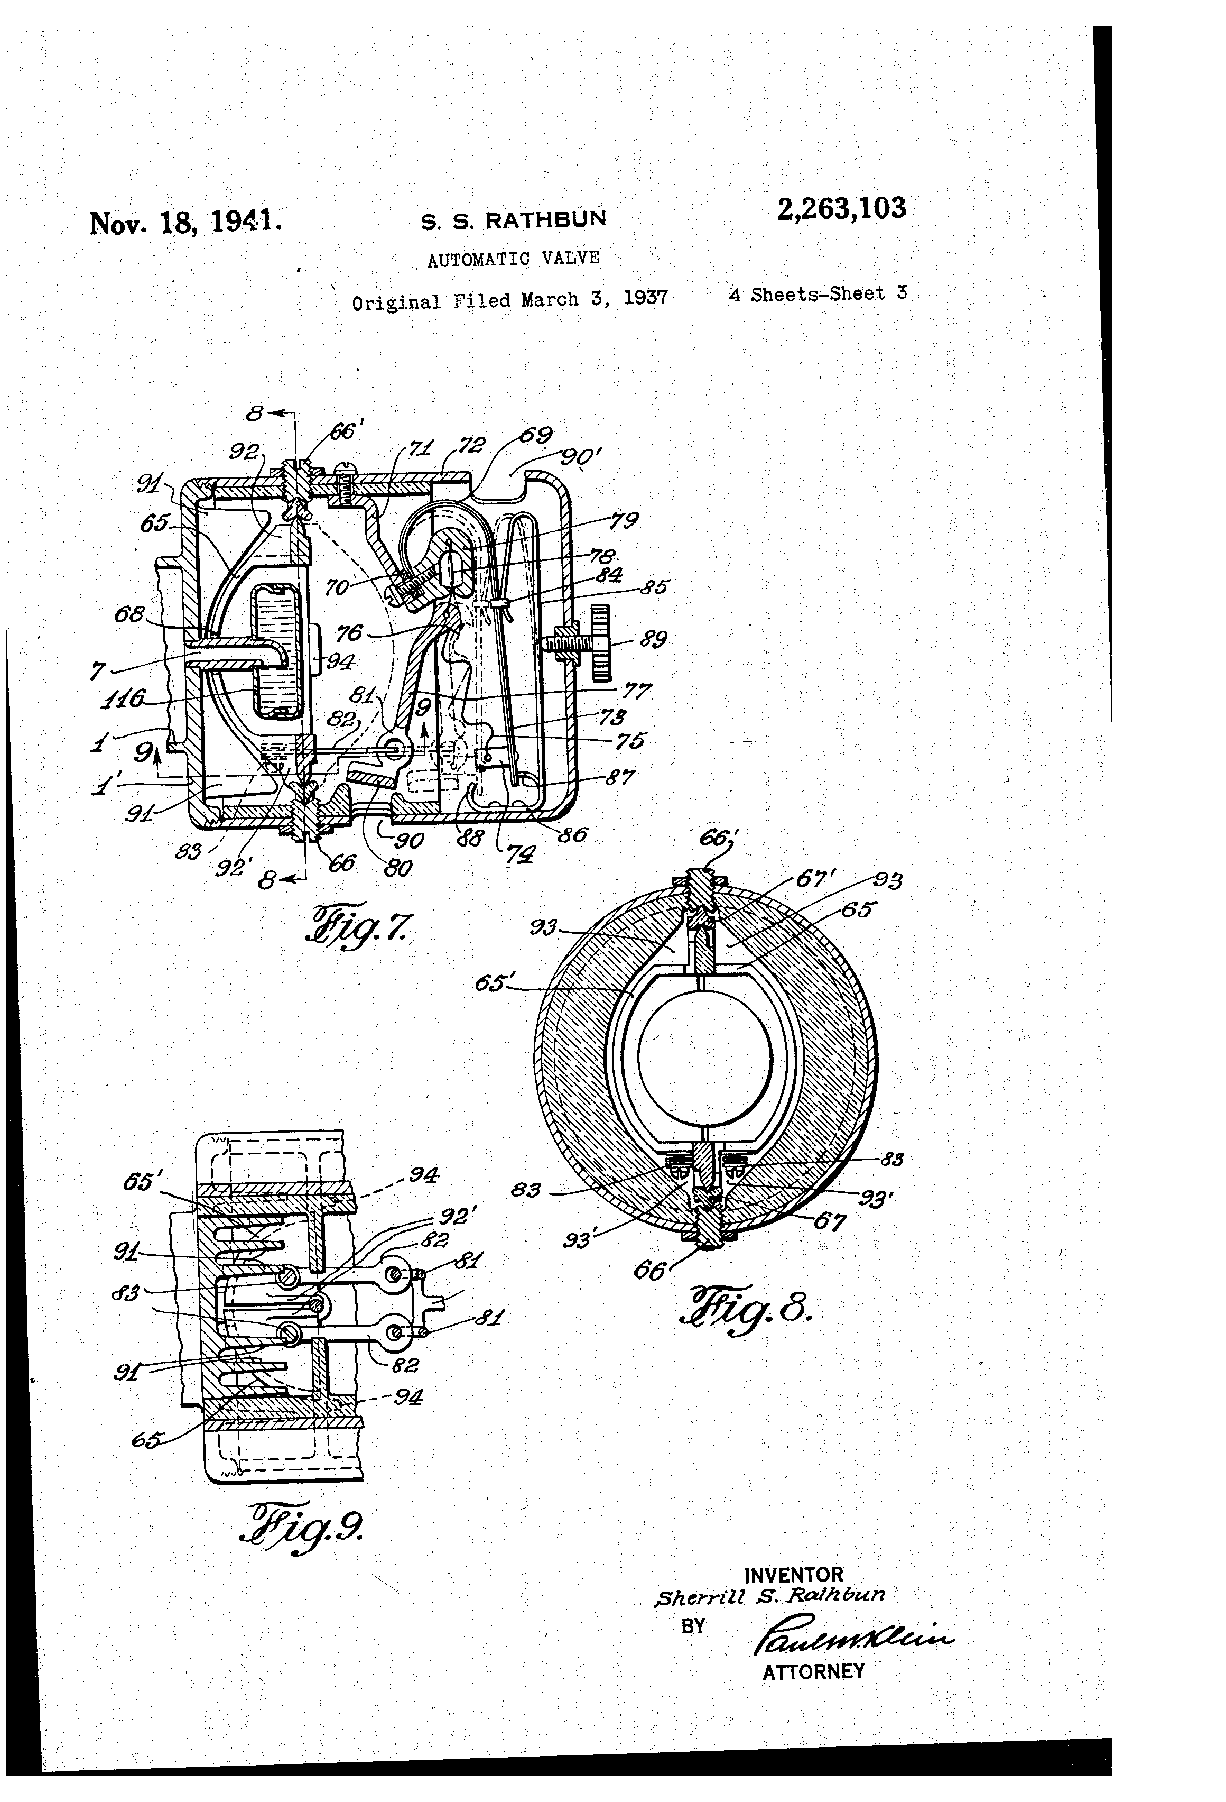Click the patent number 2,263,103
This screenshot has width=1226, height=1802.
click(x=841, y=209)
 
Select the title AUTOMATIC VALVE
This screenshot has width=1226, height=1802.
click(x=513, y=258)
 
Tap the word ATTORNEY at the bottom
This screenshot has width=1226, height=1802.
click(x=813, y=1672)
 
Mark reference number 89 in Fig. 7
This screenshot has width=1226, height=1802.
click(x=653, y=640)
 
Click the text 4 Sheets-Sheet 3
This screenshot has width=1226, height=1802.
click(x=818, y=294)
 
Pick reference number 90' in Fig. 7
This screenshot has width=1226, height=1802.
click(x=580, y=457)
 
